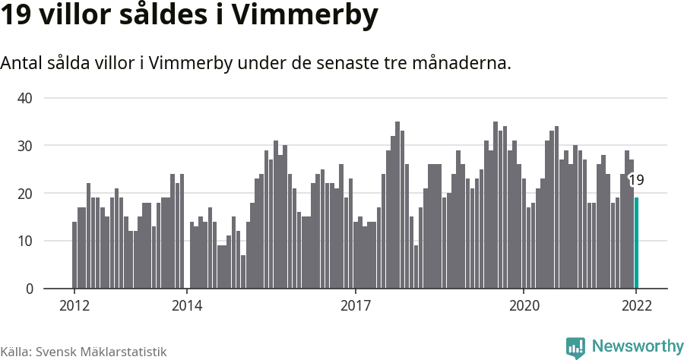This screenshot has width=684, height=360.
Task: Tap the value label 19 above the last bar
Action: pos(637,180)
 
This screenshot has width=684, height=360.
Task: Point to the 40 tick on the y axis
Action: pos(25,98)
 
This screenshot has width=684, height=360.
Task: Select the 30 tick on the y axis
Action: pos(25,146)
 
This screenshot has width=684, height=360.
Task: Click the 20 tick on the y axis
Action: pos(25,194)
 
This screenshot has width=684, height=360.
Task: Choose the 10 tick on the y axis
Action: pos(25,242)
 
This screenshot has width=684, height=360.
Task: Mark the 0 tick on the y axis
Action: pos(29,289)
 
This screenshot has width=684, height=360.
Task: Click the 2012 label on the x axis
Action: pos(74,306)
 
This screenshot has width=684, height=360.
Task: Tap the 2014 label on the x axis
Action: pos(187,306)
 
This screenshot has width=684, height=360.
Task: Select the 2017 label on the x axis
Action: pos(355,306)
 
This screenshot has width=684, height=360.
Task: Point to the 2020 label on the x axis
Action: pos(524,306)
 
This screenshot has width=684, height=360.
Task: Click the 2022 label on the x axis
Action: pos(636,306)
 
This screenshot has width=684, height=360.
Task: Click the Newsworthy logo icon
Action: pos(575,348)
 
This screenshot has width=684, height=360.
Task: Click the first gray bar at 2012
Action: pos(74,255)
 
